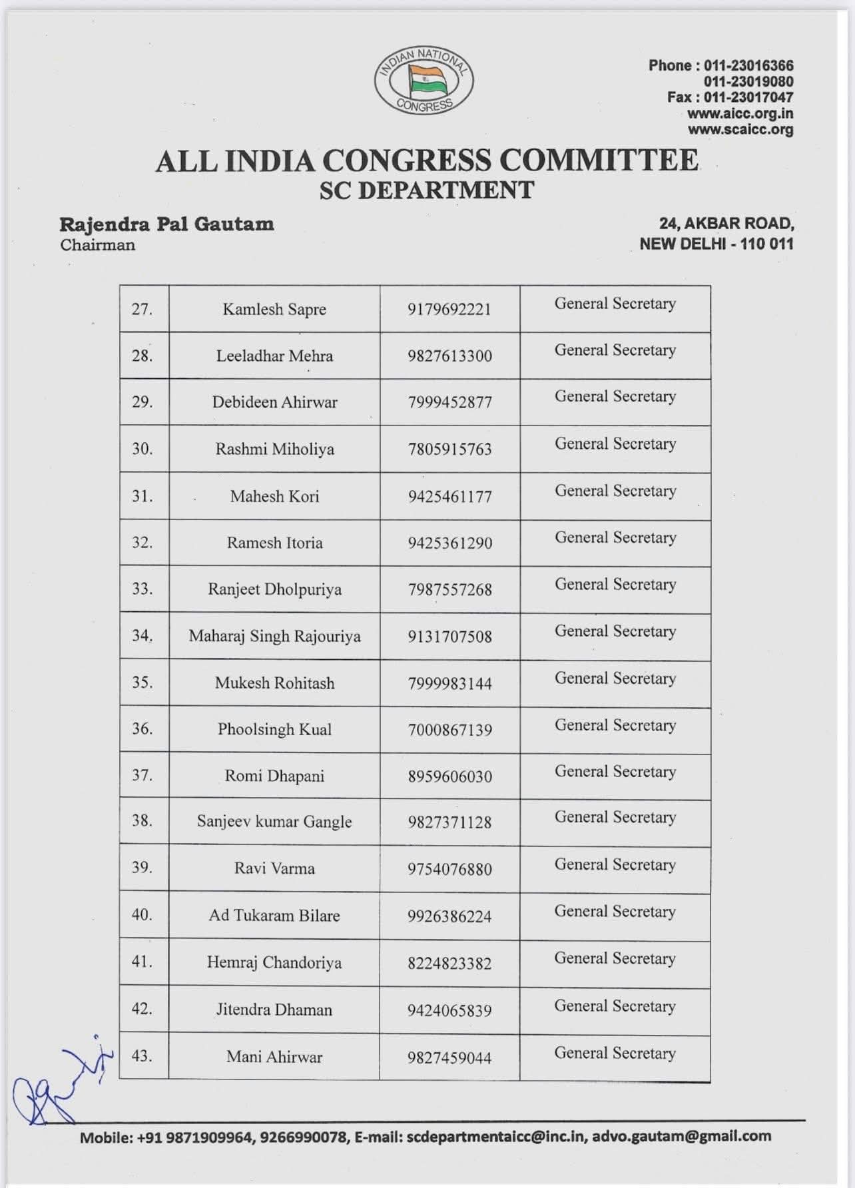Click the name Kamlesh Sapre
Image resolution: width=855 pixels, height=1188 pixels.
[x=274, y=310]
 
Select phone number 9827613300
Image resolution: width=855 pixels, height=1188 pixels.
[x=450, y=356]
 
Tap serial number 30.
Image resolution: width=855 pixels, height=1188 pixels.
[x=142, y=449]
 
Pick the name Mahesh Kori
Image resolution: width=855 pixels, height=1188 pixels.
[x=274, y=496]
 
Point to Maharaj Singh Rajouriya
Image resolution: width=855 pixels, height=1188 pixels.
[x=274, y=636]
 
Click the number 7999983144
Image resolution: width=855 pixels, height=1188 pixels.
[x=450, y=683]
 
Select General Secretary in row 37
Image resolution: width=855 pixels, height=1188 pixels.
[x=615, y=772]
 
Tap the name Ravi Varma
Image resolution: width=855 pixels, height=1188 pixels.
[x=274, y=868]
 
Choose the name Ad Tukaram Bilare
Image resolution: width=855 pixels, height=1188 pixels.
[x=274, y=916]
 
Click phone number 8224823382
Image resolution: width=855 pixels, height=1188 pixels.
[x=450, y=963]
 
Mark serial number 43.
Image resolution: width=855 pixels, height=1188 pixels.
[x=142, y=1056]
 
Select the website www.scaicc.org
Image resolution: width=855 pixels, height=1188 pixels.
[x=740, y=129]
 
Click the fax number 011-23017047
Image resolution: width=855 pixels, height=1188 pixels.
[x=748, y=97]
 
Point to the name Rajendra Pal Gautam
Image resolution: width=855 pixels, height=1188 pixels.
[x=166, y=224]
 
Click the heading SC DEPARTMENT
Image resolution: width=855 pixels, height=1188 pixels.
[x=427, y=190]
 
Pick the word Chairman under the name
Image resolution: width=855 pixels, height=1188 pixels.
[x=98, y=245]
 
